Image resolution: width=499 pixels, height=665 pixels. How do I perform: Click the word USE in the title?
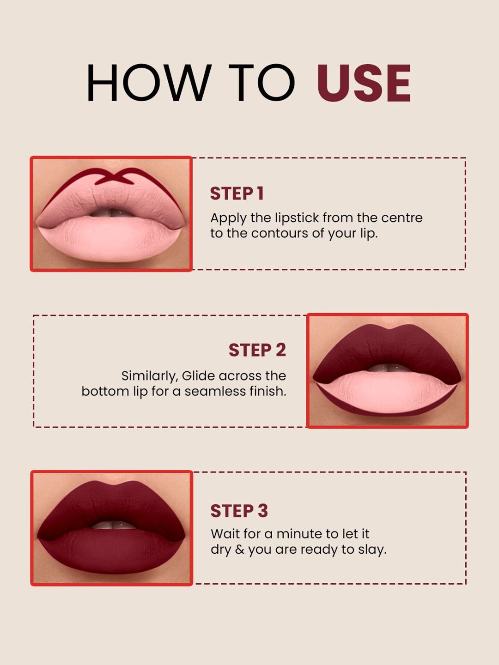point(364,82)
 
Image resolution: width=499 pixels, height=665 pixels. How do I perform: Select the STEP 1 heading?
point(237,193)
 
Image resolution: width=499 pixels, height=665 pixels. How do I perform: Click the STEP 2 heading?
point(257,350)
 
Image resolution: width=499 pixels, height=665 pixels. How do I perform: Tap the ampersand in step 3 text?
point(239,550)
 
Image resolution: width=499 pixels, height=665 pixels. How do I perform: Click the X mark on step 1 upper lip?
point(115,177)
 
